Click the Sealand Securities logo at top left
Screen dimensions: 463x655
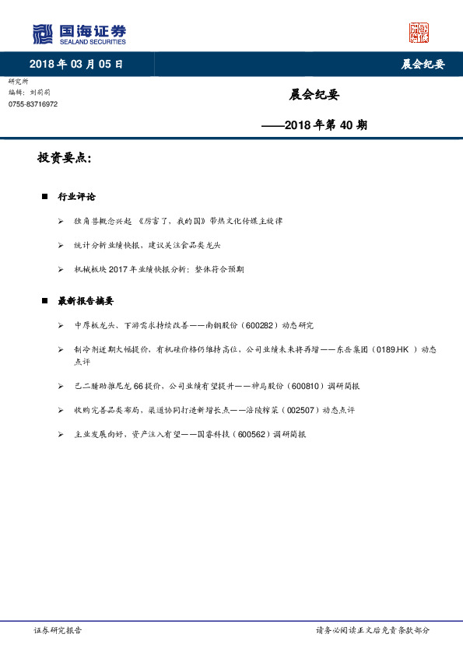click(x=79, y=33)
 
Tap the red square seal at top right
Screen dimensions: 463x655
click(x=419, y=33)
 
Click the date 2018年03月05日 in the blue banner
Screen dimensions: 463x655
click(x=76, y=64)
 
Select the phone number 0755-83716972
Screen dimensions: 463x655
click(x=33, y=104)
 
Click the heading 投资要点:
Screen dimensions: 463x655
click(x=65, y=158)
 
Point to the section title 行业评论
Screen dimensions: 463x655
click(x=76, y=196)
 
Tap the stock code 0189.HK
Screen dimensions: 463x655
click(x=393, y=350)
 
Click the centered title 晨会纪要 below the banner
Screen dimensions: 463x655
click(x=314, y=95)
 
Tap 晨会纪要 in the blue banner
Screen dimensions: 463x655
click(x=423, y=64)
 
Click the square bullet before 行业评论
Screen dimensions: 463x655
click(x=44, y=196)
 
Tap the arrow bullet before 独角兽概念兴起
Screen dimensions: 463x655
click(x=61, y=221)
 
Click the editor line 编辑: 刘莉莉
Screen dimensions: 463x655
click(x=31, y=92)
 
